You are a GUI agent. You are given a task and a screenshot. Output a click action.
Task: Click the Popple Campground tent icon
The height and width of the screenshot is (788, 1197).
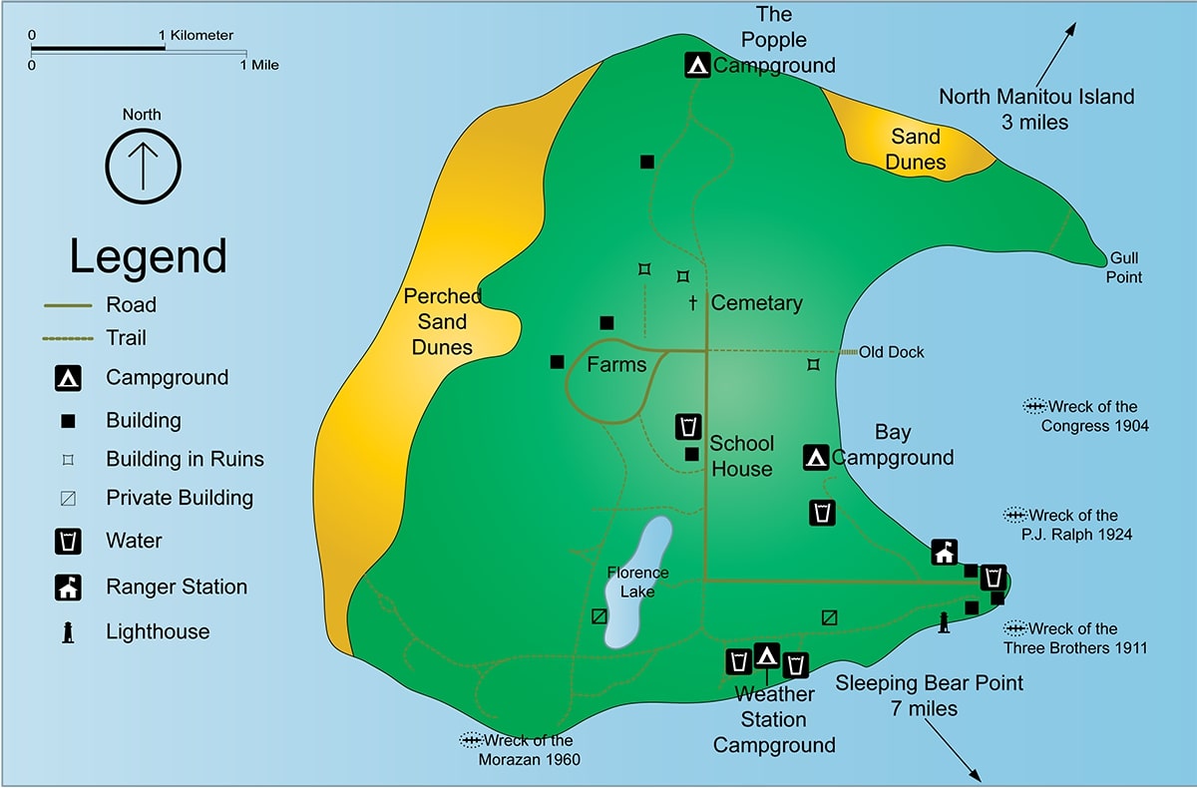[698, 65]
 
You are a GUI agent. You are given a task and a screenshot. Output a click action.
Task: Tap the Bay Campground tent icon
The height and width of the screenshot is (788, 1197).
[816, 458]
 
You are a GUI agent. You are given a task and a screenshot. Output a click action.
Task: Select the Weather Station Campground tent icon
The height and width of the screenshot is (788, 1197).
[766, 655]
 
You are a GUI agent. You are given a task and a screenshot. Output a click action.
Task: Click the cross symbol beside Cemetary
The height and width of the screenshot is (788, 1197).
[692, 302]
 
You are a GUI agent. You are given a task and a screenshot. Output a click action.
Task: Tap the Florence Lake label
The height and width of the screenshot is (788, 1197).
[637, 582]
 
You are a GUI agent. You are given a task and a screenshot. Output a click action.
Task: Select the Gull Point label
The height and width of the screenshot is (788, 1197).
[1123, 267]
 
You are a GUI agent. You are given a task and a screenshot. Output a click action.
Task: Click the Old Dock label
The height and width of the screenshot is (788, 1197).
[892, 352]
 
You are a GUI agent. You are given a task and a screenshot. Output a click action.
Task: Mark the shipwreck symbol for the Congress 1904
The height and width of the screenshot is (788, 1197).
[1034, 406]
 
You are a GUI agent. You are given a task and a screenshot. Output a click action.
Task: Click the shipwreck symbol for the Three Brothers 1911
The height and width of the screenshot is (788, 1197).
[1015, 628]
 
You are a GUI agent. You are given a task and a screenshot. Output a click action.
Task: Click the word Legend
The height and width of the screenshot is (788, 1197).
[148, 256]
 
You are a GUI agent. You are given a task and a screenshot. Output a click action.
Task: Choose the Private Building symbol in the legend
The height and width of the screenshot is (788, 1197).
[68, 498]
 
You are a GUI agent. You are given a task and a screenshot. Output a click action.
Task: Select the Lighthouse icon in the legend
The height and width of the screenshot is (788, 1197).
[68, 631]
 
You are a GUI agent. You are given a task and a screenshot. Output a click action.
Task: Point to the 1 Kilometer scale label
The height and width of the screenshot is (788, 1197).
[198, 36]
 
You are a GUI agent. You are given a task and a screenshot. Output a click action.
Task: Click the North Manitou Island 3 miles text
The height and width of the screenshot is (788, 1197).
[1036, 109]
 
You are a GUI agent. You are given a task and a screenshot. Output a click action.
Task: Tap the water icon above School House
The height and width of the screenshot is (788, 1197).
[687, 426]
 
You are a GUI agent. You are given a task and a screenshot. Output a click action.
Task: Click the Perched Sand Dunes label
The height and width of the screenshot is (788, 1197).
[442, 321]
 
